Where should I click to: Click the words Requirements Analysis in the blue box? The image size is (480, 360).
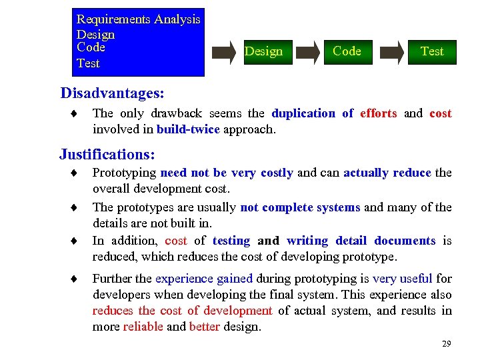pos(138,19)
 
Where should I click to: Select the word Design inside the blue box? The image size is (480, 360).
pos(95,34)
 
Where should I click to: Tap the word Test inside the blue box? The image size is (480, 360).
pos(88,63)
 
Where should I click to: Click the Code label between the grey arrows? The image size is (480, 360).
pos(347,51)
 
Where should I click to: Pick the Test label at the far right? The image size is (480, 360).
pos(432,51)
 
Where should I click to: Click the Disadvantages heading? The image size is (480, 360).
pos(112,92)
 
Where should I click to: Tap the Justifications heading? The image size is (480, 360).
pos(107,155)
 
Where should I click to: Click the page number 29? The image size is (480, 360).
pos(446,344)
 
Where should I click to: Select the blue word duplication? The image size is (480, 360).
pos(303,113)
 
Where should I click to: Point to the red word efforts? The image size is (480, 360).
pos(378,113)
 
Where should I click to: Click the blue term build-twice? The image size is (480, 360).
pos(188,129)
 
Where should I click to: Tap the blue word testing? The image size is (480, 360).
pos(231,241)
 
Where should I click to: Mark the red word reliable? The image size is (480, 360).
pos(143,327)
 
